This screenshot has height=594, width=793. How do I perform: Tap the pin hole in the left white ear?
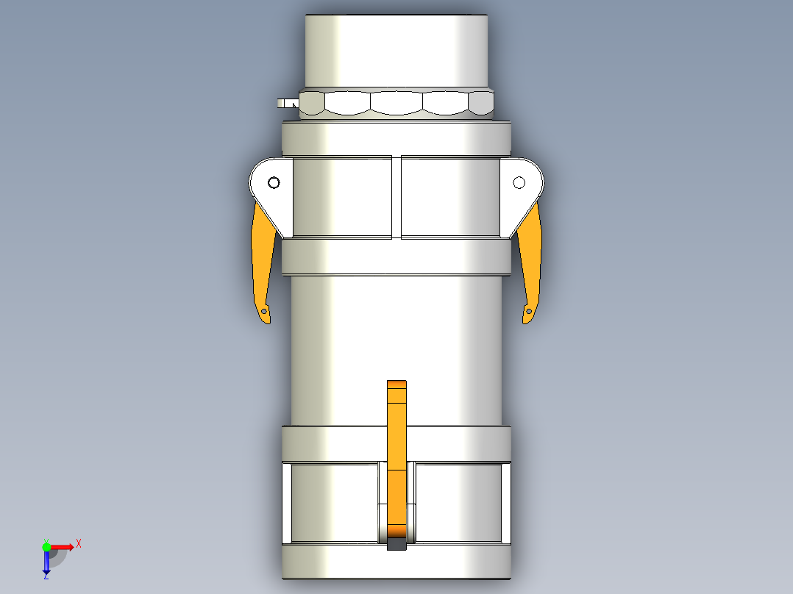[274, 182]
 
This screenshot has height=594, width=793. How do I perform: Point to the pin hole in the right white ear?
[519, 182]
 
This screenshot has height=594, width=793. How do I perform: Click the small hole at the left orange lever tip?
[265, 312]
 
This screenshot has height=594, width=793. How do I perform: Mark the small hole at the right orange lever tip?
[527, 312]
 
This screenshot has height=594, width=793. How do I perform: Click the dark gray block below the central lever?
[396, 545]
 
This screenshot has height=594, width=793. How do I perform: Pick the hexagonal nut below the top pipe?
[397, 103]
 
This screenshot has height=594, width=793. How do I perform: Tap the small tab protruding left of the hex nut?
[285, 103]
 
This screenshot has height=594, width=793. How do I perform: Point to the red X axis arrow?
[62, 546]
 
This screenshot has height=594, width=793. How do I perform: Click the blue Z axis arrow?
[46, 563]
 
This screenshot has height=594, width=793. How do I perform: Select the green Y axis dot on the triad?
[46, 546]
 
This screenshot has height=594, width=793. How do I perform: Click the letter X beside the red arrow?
[79, 543]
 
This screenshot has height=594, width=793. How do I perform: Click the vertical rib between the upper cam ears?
[396, 197]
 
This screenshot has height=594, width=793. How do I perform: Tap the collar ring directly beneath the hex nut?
[396, 138]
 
